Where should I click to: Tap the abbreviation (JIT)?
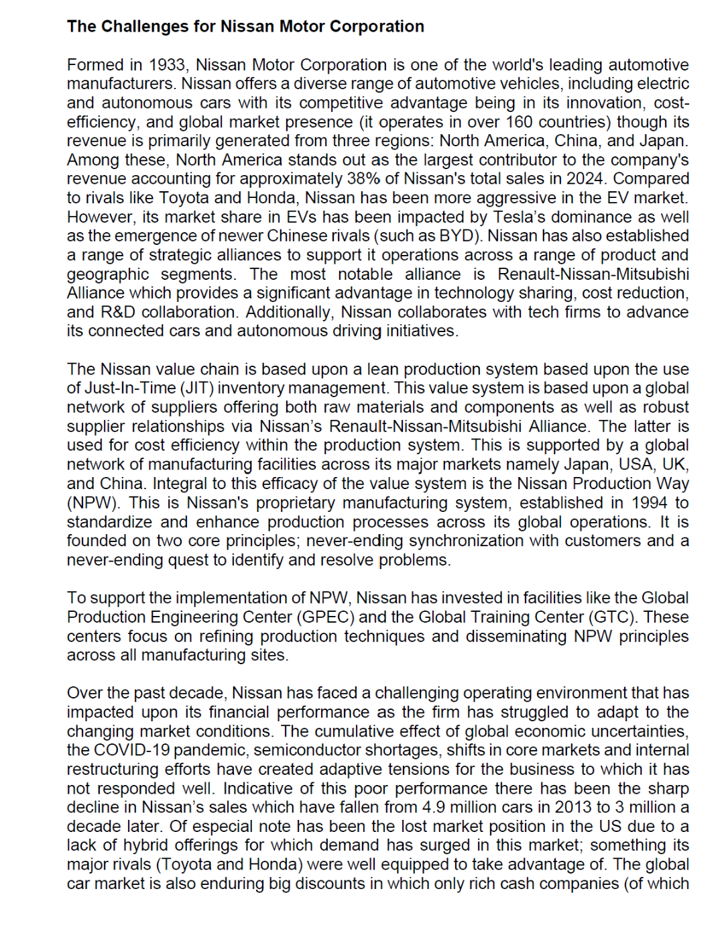pos(197,388)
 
